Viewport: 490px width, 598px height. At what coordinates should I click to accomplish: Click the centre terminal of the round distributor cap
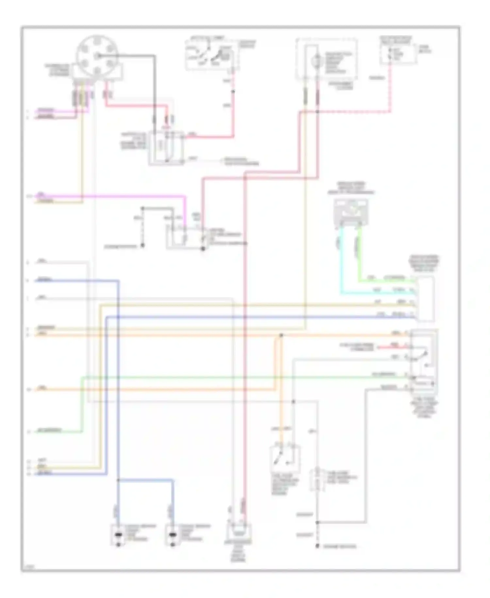(x=97, y=56)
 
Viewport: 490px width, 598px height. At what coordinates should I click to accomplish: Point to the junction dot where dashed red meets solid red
(x=318, y=112)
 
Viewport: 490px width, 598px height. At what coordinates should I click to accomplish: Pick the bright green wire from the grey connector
(x=359, y=258)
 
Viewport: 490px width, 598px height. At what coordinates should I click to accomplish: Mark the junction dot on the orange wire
(x=281, y=335)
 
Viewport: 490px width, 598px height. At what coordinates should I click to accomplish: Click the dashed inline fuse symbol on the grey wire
(x=317, y=480)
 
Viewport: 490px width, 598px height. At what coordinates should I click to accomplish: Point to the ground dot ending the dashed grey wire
(x=317, y=546)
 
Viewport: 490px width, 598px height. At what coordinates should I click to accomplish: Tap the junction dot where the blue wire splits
(x=118, y=480)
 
